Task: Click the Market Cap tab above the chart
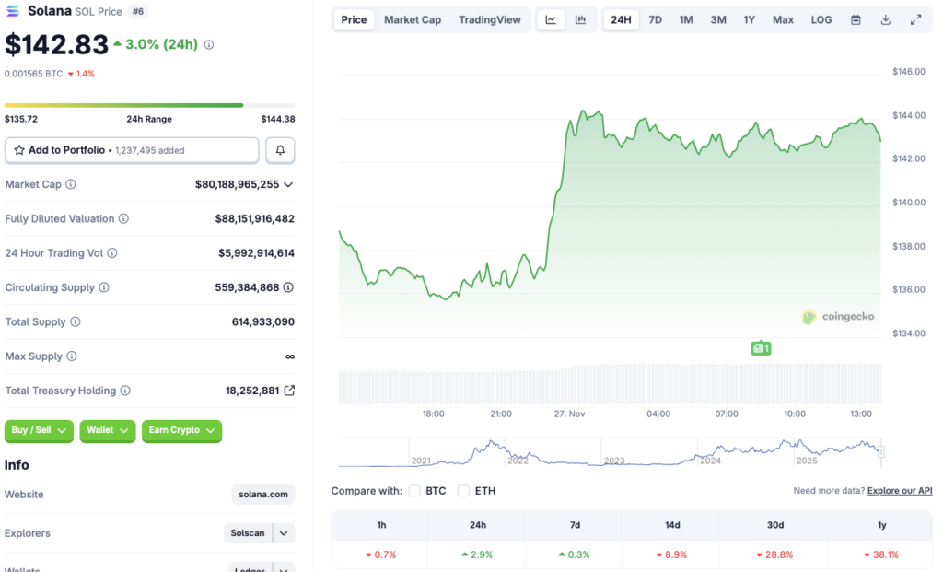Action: coord(412,19)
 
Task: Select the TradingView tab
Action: coord(489,19)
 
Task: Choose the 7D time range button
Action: coord(655,19)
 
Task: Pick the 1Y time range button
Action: coord(750,19)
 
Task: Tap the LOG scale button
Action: coord(821,19)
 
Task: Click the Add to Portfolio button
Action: coord(132,150)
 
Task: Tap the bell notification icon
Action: coord(281,150)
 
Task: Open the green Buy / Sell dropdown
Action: coord(40,430)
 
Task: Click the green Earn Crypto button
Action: coord(181,430)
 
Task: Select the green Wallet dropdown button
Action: coord(108,430)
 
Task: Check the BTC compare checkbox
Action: coord(415,491)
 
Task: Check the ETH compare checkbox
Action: coord(464,491)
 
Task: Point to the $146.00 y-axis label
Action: coord(908,71)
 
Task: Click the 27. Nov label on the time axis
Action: coord(570,414)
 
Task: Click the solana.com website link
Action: coord(263,495)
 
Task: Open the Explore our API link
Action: coord(900,491)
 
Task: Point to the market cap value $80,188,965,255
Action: coord(237,184)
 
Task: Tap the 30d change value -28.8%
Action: coord(775,554)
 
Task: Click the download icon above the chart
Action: coord(886,19)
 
